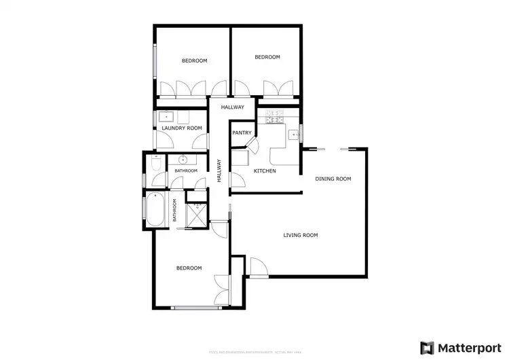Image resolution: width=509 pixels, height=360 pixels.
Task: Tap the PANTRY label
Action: (242, 133)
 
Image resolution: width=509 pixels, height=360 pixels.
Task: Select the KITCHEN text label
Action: (265, 170)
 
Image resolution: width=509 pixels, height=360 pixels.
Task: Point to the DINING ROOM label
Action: (333, 179)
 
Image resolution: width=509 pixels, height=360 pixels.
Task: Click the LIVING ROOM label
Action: (301, 236)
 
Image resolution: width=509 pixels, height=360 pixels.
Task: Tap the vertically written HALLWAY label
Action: (219, 170)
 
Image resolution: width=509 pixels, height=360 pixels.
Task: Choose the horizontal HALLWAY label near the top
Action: (231, 107)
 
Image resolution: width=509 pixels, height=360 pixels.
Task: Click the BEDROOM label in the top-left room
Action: (194, 61)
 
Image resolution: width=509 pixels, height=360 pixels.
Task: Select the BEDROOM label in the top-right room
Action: (267, 57)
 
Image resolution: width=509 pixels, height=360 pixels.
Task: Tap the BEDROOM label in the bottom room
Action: (189, 268)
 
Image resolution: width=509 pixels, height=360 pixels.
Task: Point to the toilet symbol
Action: (155, 165)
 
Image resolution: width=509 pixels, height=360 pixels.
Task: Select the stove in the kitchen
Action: (277, 118)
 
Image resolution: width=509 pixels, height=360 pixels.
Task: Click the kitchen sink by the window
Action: (295, 134)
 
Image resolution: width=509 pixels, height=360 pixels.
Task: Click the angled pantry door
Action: (251, 145)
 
